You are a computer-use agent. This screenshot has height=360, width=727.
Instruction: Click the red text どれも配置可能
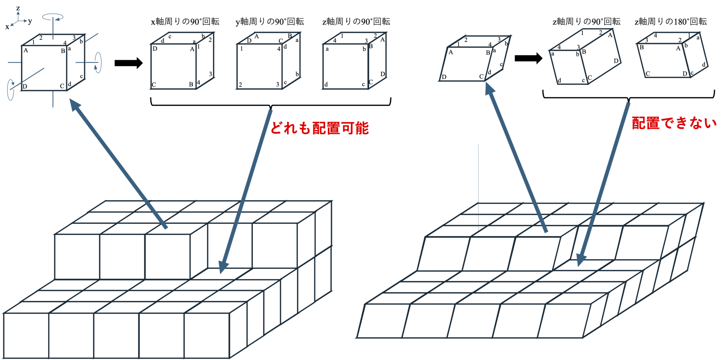pyautogui.click(x=319, y=128)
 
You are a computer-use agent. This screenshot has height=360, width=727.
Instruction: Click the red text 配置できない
pyautogui.click(x=674, y=123)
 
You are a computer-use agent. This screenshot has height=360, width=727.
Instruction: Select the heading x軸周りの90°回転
pyautogui.click(x=185, y=22)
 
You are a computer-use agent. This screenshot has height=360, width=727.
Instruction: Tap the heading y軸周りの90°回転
pyautogui.click(x=270, y=22)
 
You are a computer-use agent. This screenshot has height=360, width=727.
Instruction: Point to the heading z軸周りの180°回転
pyautogui.click(x=671, y=22)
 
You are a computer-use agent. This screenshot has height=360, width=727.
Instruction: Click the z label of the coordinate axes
pyautogui.click(x=18, y=8)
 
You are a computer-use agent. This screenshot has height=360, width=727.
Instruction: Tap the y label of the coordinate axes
pyautogui.click(x=30, y=21)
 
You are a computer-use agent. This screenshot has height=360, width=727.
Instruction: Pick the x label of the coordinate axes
pyautogui.click(x=7, y=27)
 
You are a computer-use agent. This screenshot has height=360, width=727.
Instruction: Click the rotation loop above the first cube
pyautogui.click(x=53, y=17)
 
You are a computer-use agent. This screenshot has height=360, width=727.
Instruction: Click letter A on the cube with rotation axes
pyautogui.click(x=26, y=50)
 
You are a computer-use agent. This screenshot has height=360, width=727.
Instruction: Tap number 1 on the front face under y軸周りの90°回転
pyautogui.click(x=241, y=49)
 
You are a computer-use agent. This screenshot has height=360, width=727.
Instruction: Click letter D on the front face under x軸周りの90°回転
pyautogui.click(x=155, y=49)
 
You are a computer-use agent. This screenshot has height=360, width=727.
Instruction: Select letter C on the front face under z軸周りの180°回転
pyautogui.click(x=647, y=73)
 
